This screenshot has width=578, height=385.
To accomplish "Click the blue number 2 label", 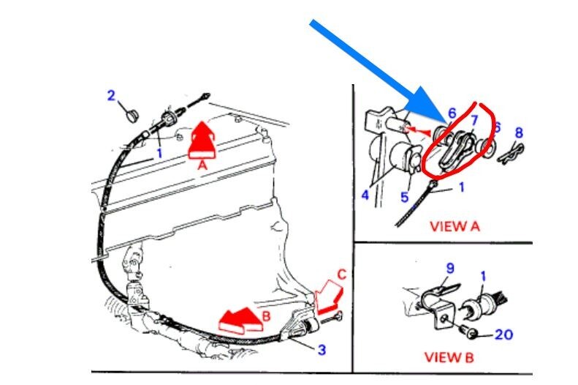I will click(111, 95).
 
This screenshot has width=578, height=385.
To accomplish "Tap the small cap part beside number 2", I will click(130, 115).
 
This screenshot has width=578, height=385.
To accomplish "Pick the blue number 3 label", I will click(322, 349).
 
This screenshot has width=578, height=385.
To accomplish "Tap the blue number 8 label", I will click(518, 133).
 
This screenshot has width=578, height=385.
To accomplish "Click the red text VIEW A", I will click(455, 225).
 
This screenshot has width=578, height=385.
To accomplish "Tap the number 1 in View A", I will click(460, 187).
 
